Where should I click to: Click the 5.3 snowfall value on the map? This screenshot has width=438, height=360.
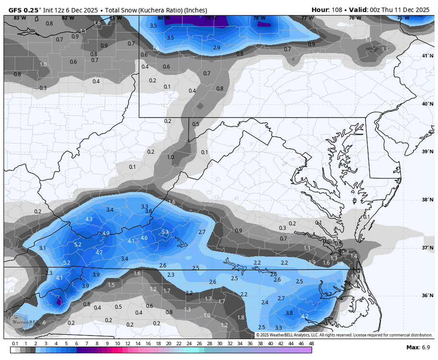coord(165,232)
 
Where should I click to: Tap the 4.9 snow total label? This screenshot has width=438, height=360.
coord(106,233)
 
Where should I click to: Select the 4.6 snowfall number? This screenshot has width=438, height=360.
coord(143,238)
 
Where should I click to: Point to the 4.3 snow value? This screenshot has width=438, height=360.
coord(89,219)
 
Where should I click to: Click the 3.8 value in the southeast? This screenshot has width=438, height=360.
coord(289,313)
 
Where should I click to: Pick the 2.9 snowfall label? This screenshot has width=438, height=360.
coord(216,48)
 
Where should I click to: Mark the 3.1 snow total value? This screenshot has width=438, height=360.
coord(42,248)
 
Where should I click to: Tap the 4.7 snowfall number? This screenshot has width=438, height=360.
coord(99,252)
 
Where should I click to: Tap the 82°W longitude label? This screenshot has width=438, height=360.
coord(68,18)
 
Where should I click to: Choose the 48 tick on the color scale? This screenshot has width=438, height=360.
coord(311,344)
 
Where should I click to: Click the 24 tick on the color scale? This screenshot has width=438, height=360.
coord(189,344)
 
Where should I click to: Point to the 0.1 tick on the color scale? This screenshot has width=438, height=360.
coord(15,344)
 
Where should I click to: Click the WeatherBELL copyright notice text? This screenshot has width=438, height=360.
coord(343,335)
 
